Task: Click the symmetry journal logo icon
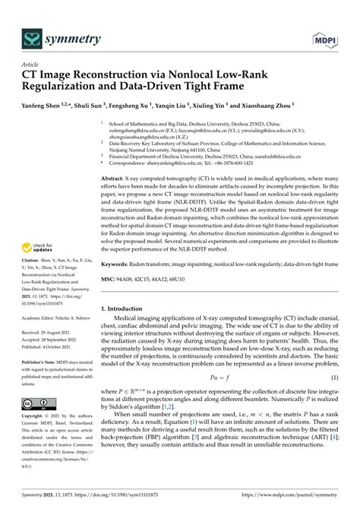[31, 36]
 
